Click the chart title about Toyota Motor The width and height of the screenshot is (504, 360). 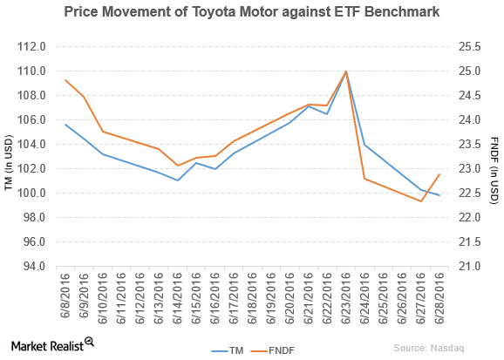pos(251,12)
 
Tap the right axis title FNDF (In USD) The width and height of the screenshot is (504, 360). pos(494,156)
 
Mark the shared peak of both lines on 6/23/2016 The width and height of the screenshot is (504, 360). pos(346,71)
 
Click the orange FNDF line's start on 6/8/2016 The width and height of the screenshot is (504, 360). pos(66,80)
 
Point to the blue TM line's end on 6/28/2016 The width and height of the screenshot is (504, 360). pos(439,195)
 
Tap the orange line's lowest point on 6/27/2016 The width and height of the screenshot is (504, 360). pos(421,201)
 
